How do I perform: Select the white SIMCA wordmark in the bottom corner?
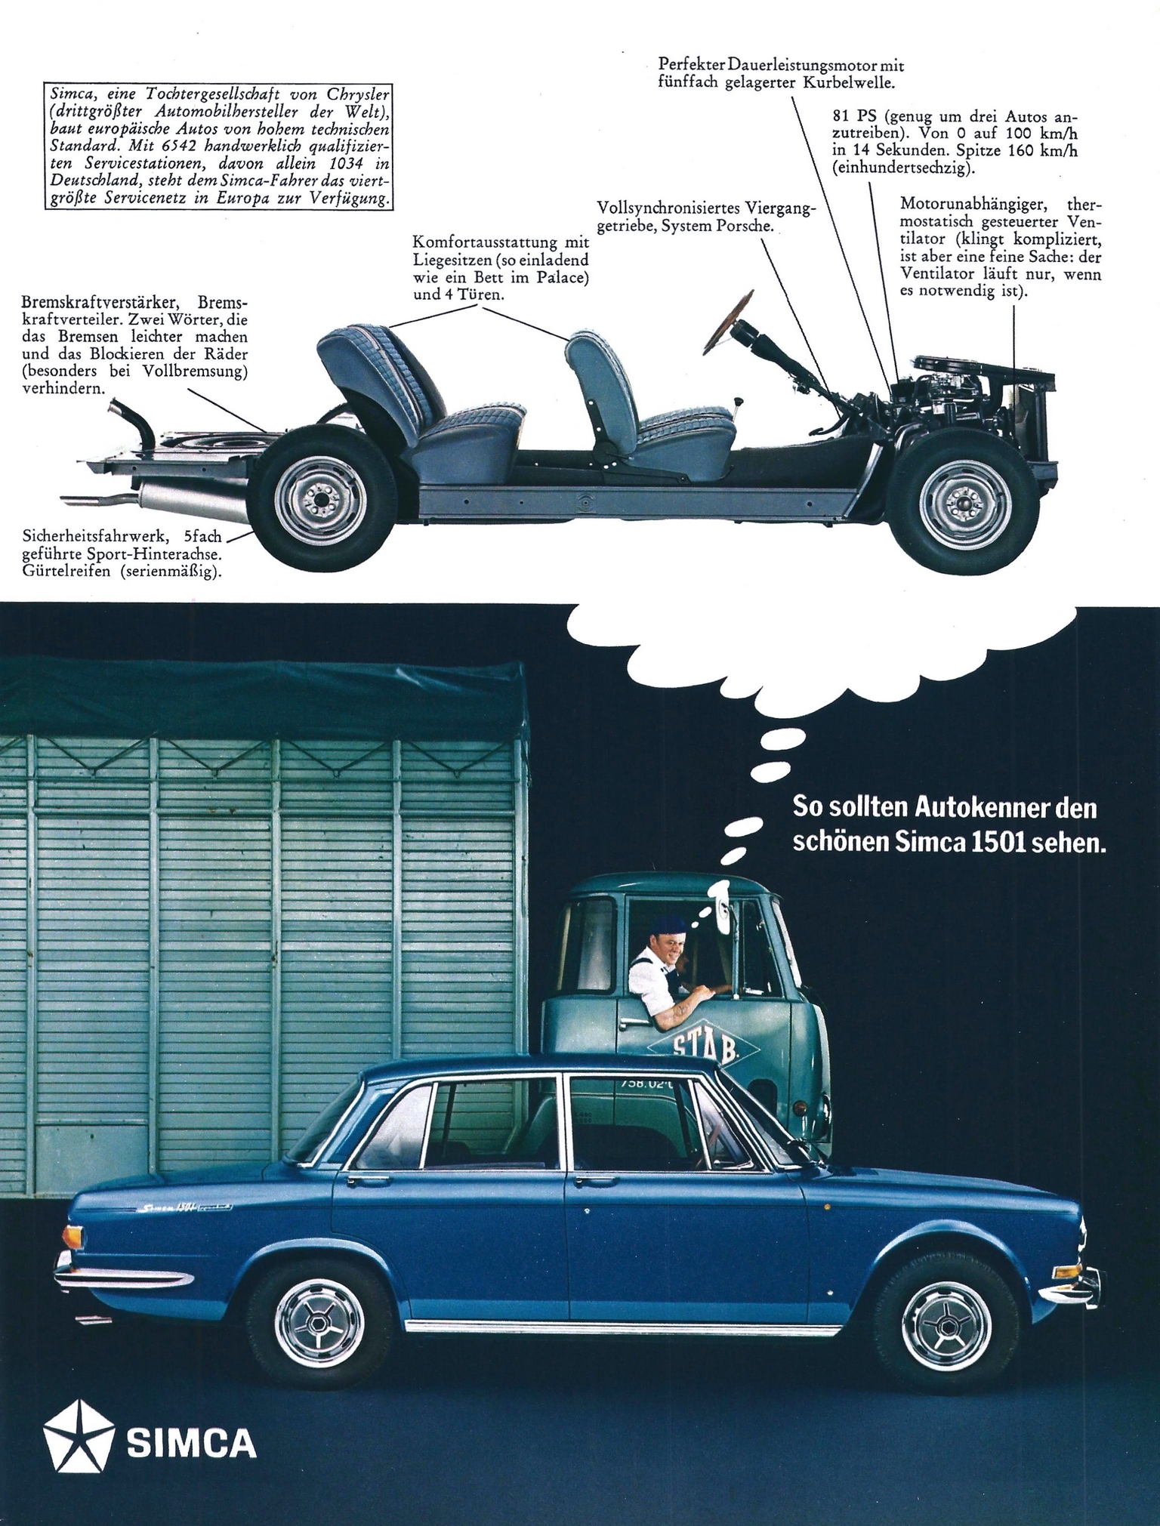[193, 1443]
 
